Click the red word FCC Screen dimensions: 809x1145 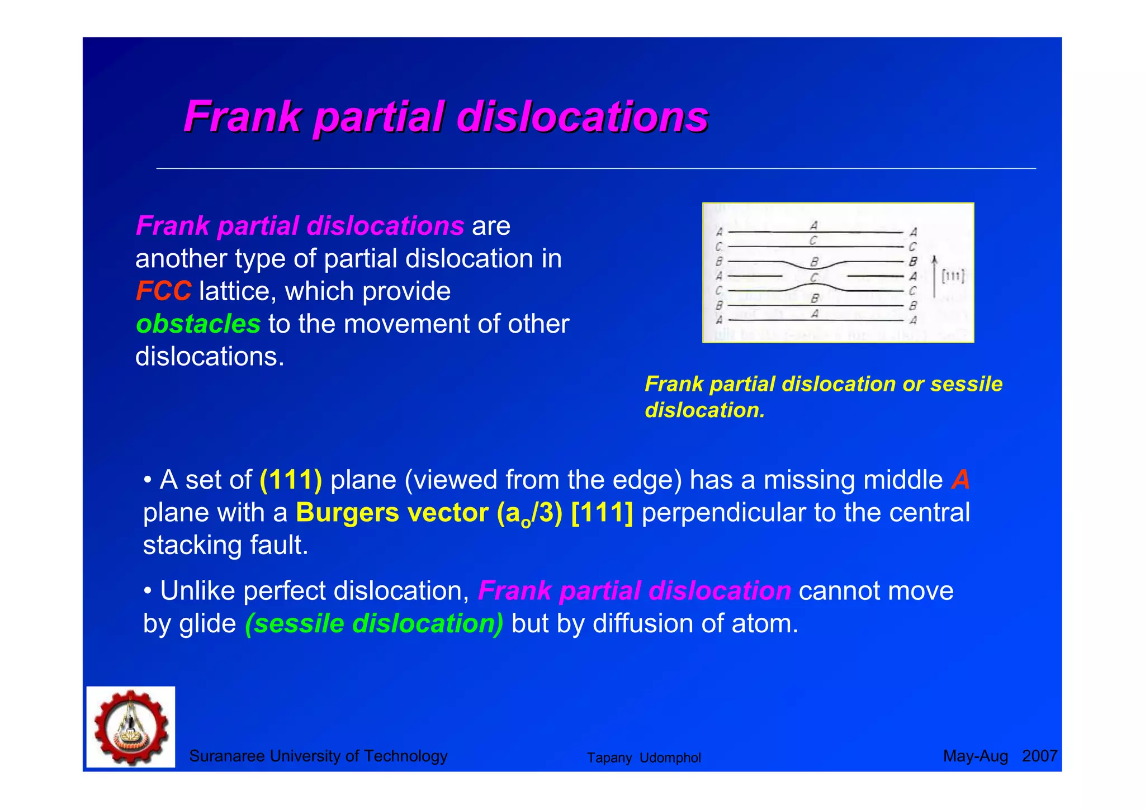pyautogui.click(x=163, y=291)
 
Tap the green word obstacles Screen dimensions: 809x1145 pyautogui.click(x=198, y=324)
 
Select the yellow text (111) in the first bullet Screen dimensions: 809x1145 pyautogui.click(x=291, y=480)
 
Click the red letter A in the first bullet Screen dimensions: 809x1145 pyautogui.click(x=961, y=480)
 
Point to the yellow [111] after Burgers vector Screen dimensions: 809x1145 pyautogui.click(x=602, y=513)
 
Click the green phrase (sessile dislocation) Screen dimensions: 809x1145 pyautogui.click(x=374, y=624)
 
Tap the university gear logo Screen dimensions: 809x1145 pyautogui.click(x=131, y=727)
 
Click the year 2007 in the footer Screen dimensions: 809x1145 pyautogui.click(x=1039, y=756)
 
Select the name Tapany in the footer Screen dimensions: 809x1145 pyautogui.click(x=609, y=758)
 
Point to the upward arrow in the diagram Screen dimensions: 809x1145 pyautogui.click(x=934, y=276)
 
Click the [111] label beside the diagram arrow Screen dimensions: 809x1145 pyautogui.click(x=953, y=276)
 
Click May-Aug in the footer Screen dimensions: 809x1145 pyautogui.click(x=975, y=756)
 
